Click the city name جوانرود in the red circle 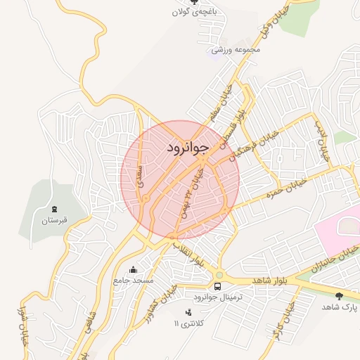(x=188, y=148)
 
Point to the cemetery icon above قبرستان (x=54, y=209)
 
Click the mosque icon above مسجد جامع (x=134, y=269)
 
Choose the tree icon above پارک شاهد (x=340, y=297)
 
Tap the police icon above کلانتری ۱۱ (x=188, y=312)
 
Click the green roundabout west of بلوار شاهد (x=219, y=275)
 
